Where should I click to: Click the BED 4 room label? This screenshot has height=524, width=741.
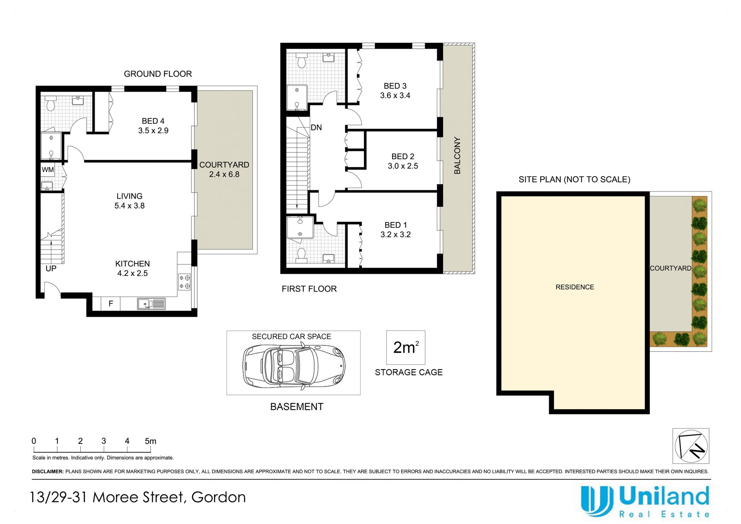click(x=153, y=121)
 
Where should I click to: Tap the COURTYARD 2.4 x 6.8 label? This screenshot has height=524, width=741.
click(x=224, y=170)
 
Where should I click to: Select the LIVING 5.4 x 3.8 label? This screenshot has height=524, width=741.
click(x=130, y=201)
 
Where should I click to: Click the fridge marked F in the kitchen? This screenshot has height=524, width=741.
click(x=111, y=304)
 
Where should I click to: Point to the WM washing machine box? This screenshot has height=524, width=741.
click(x=48, y=170)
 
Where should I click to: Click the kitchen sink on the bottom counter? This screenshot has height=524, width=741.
click(x=151, y=304)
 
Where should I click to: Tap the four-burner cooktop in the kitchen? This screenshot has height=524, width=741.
click(x=184, y=282)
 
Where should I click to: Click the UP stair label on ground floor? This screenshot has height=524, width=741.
click(x=51, y=268)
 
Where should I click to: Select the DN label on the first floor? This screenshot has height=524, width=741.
click(x=316, y=127)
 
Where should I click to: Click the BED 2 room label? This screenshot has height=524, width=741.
click(x=403, y=156)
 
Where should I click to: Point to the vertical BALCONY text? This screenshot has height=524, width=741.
click(x=457, y=155)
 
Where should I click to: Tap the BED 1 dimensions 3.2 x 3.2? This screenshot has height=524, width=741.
click(x=396, y=234)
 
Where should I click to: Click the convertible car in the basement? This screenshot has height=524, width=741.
click(x=294, y=366)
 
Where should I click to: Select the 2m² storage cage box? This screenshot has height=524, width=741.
click(x=406, y=348)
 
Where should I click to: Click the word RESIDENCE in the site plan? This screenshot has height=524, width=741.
click(x=575, y=287)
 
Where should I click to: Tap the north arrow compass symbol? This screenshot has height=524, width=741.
click(x=691, y=446)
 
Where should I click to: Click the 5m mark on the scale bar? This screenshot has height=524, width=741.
click(x=151, y=441)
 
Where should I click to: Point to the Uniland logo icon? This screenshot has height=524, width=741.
click(x=597, y=501)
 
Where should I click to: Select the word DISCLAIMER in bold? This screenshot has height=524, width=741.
click(x=47, y=471)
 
